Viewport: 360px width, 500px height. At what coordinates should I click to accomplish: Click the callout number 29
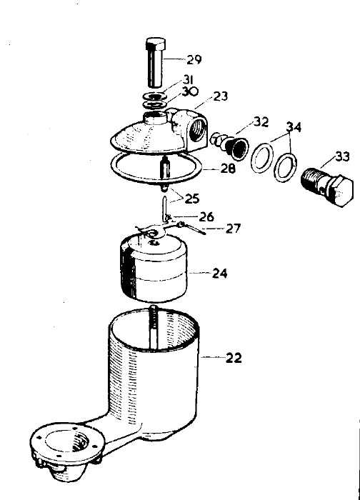click(194, 59)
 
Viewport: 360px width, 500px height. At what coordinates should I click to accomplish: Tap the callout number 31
click(189, 79)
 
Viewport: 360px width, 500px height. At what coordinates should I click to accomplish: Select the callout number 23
click(221, 96)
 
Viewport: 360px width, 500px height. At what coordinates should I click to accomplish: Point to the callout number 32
click(261, 122)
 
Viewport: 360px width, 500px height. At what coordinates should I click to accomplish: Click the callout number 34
click(294, 126)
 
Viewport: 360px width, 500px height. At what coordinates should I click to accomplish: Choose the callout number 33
click(342, 156)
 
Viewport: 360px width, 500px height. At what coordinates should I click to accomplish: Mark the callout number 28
click(228, 169)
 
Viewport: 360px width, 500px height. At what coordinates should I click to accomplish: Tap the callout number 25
click(192, 199)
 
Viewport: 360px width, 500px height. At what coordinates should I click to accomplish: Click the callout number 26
click(206, 217)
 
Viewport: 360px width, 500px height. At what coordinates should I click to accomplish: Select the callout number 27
click(234, 229)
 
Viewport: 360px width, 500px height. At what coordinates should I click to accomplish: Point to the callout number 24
click(220, 274)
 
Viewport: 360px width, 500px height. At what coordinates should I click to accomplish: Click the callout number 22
click(234, 358)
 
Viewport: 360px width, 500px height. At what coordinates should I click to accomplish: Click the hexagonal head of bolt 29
click(156, 44)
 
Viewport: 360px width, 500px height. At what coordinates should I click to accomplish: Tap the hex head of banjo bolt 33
click(342, 191)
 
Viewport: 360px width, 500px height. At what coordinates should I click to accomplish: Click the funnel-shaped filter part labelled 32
click(237, 148)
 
